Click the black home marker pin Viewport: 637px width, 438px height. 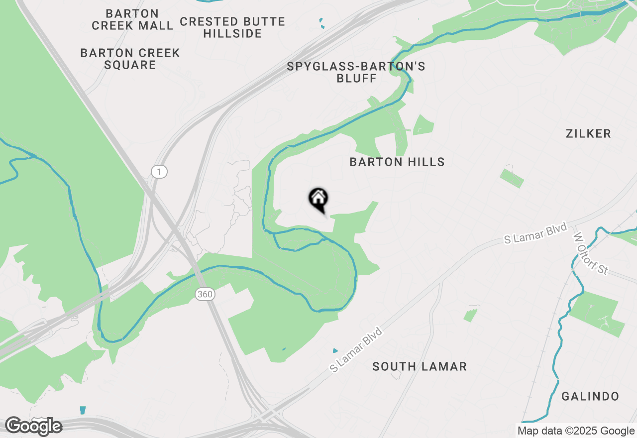coord(318,199)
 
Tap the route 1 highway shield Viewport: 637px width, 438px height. coord(159,172)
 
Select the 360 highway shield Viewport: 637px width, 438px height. coord(205,294)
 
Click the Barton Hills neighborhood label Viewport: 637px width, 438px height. coord(397,162)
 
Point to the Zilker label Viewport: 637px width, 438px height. coord(588,133)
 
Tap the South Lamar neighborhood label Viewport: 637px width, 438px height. coord(420,367)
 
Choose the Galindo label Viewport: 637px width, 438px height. coord(590,397)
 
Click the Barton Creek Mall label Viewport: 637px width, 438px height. coord(132,19)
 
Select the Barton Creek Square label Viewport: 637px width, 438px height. coord(130,59)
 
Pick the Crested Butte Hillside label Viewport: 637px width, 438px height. coord(232,27)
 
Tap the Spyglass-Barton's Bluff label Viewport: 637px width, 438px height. coord(356,72)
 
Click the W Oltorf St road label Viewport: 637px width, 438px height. coord(591,253)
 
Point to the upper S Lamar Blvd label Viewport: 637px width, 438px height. coord(535,234)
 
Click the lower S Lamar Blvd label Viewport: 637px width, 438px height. coord(356,350)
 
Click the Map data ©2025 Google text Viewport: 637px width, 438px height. coord(576,431)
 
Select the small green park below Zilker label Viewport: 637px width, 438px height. coord(512,178)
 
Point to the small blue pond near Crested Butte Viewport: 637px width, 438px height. coord(321,23)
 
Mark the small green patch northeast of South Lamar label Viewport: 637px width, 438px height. coord(470,315)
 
